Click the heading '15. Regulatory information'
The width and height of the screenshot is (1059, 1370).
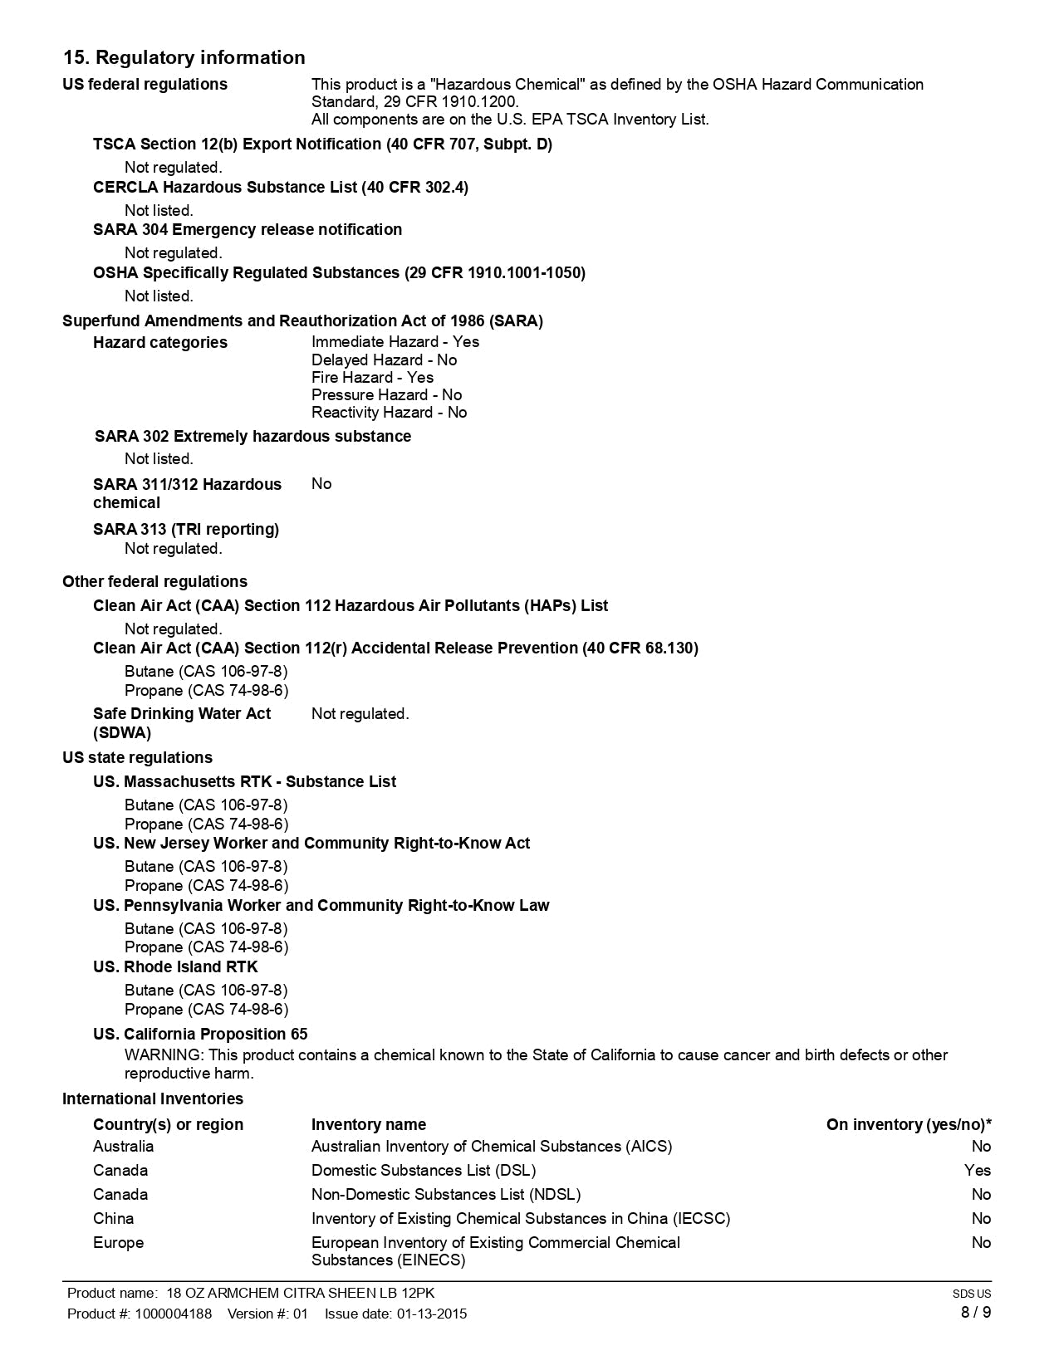[184, 57]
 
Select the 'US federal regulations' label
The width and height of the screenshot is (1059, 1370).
[145, 84]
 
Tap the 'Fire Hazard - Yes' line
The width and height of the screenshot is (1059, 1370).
[372, 377]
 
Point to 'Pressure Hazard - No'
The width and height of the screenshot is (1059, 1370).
[386, 394]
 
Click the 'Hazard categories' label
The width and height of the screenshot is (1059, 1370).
[159, 342]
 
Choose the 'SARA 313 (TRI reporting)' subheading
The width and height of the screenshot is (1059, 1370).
[186, 529]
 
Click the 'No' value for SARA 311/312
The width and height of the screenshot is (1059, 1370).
[321, 483]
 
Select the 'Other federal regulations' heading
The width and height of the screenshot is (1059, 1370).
[154, 581]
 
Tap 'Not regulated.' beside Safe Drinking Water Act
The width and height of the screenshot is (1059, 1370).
[360, 713]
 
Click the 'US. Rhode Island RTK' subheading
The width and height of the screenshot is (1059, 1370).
[175, 966]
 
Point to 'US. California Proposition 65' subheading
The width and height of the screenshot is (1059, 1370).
[200, 1034]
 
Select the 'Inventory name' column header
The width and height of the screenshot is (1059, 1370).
[368, 1124]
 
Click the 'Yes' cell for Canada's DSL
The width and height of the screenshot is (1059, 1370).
[977, 1170]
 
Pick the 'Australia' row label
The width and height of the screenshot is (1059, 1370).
[123, 1146]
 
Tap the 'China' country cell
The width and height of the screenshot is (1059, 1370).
[113, 1218]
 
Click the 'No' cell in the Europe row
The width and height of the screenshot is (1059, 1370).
[981, 1242]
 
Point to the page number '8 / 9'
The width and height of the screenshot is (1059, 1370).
[975, 1312]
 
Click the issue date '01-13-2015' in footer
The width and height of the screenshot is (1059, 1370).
[431, 1314]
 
